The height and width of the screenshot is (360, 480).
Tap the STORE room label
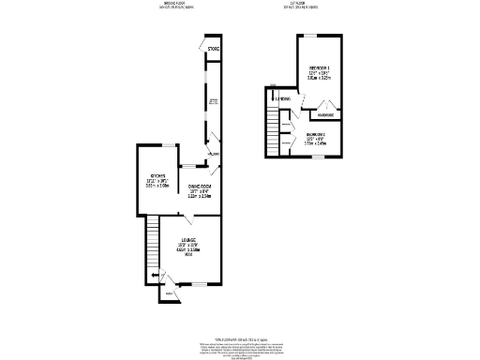[x=213, y=49]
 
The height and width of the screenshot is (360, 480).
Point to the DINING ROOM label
[x=200, y=187]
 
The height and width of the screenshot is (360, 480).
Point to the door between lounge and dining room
[x=190, y=217]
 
